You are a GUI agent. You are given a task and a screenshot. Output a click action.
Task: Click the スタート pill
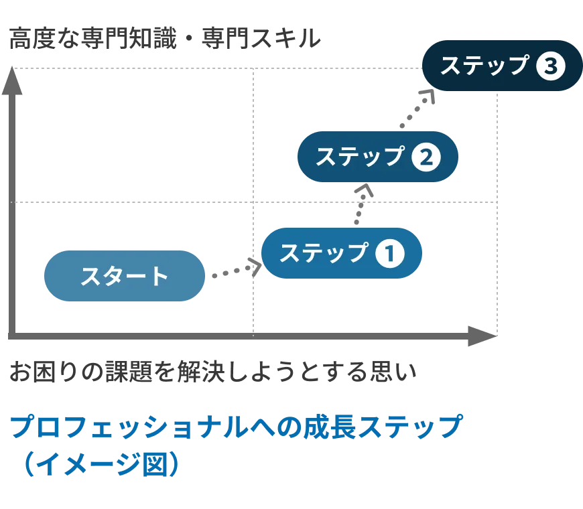(x=124, y=277)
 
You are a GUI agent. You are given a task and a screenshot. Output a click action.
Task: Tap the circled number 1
(x=389, y=254)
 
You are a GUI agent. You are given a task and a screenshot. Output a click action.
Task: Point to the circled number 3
(x=552, y=66)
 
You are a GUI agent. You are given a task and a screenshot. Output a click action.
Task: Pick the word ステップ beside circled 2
(x=361, y=157)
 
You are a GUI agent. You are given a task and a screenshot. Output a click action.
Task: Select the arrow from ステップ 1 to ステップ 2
(x=361, y=204)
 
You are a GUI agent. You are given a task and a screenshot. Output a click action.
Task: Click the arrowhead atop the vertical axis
(x=11, y=83)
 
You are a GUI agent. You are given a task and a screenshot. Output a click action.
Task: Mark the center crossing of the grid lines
(x=255, y=200)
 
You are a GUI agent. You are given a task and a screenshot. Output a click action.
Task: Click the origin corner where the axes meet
(x=11, y=334)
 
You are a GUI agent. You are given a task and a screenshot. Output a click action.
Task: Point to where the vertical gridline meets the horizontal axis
(x=255, y=334)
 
